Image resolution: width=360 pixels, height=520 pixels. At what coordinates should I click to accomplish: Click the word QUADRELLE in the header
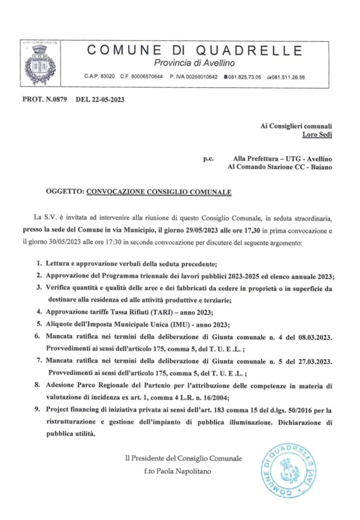[x=256, y=50]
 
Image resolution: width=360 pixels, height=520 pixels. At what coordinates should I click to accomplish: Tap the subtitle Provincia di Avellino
[x=194, y=63]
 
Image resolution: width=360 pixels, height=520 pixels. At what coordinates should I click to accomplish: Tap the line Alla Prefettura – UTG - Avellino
[x=283, y=158]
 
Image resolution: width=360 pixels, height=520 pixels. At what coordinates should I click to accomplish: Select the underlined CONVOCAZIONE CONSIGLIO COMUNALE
[x=159, y=192]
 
